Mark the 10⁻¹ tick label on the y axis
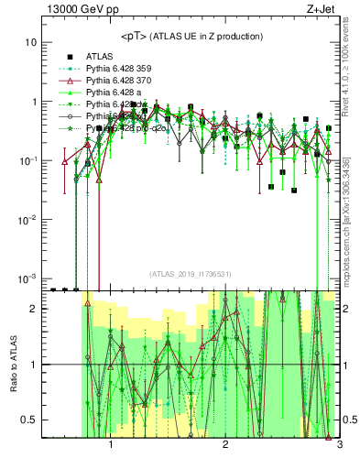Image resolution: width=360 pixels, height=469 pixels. (28, 160)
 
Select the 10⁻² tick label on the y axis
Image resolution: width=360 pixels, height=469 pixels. (28, 219)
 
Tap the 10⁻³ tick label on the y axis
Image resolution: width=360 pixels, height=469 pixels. (28, 278)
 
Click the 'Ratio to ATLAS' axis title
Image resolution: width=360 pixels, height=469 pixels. (12, 364)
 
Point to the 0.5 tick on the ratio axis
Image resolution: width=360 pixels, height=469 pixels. (29, 420)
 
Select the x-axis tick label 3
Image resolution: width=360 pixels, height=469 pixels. (338, 445)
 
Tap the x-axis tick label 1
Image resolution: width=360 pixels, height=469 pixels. (111, 445)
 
